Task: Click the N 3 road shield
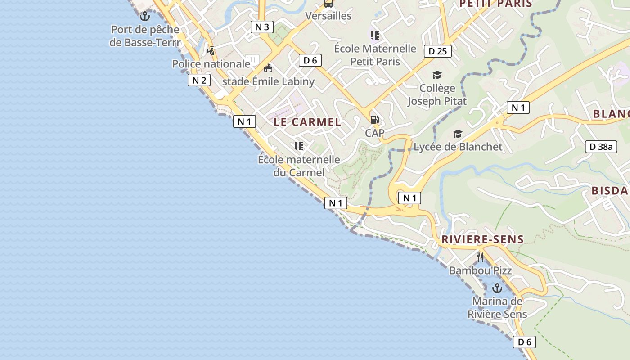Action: tap(262, 27)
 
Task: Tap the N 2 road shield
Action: tap(199, 81)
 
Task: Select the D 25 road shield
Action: tap(437, 51)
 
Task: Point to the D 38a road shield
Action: tap(601, 146)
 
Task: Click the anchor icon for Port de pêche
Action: tap(144, 17)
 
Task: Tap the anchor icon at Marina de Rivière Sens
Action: tap(497, 288)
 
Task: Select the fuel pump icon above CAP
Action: tap(374, 120)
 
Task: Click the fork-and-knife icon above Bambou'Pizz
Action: tap(480, 257)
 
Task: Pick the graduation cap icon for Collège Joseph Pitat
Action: tap(437, 75)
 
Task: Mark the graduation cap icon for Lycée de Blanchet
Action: tap(458, 134)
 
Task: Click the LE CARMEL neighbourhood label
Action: tap(307, 122)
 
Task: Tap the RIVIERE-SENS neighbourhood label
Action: tap(482, 239)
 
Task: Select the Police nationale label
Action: tap(211, 64)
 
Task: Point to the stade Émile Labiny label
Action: tap(268, 81)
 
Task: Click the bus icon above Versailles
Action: tap(328, 4)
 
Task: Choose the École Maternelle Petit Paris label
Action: tap(375, 55)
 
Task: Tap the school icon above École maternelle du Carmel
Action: tap(298, 146)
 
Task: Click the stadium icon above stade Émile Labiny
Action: tap(268, 68)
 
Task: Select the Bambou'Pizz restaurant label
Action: tap(480, 270)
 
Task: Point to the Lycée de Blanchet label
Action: tap(458, 147)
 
